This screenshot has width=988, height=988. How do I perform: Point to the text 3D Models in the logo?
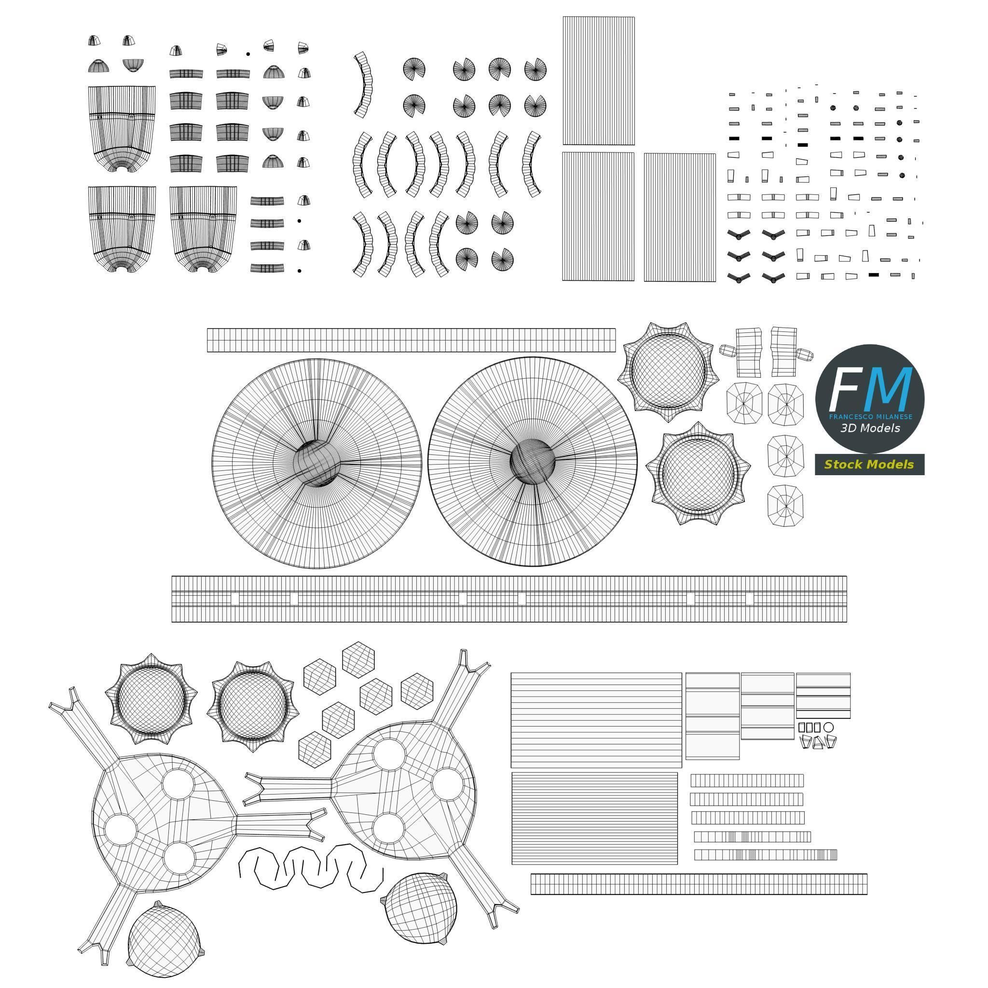coord(870,428)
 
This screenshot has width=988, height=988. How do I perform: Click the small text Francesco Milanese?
coord(870,417)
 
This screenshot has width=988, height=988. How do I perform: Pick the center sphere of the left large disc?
coord(316,463)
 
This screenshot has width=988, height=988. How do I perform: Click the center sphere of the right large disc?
coord(533,460)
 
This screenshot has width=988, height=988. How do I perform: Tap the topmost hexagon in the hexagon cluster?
coord(359,658)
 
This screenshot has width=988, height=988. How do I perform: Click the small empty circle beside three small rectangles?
coord(828,727)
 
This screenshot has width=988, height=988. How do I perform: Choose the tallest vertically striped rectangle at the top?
coord(598,81)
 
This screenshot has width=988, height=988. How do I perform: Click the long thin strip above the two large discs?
coord(411,340)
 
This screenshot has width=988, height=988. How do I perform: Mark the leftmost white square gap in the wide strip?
coord(235,599)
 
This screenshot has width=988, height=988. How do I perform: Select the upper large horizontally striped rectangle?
coord(596,720)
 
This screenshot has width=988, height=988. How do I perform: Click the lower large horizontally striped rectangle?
coord(595,819)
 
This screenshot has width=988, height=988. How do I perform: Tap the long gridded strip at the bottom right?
coord(699,884)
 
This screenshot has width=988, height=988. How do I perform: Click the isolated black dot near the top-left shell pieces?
coord(248,54)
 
